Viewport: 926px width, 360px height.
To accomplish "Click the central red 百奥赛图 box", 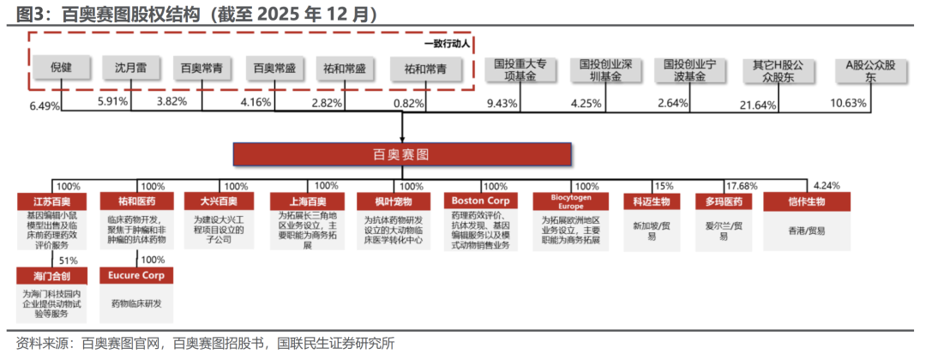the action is coord(402,154).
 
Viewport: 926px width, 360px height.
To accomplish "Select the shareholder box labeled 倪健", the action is coord(62,68).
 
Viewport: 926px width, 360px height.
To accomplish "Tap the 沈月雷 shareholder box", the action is coord(131,68).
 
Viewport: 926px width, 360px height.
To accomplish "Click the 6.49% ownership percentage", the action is coord(45,105).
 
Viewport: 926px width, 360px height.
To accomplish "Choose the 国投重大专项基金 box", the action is coord(520,70).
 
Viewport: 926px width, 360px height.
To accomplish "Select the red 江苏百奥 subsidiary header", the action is coord(52,201).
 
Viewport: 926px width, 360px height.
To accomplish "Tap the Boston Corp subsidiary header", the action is coord(481,201).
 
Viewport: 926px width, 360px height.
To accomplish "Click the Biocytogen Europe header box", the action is coord(571,201).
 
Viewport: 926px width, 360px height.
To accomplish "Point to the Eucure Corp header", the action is coord(136,276).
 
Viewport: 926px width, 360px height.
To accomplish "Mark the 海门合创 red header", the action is coord(52,276).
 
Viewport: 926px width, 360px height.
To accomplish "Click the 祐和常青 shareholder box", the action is coord(426,69).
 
